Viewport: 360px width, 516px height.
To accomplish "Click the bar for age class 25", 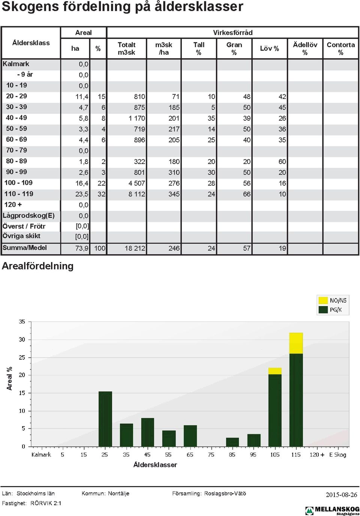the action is tap(105, 419).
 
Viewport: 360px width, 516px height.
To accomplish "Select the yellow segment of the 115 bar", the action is tap(296, 343).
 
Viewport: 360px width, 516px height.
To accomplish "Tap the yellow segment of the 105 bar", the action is tap(275, 371).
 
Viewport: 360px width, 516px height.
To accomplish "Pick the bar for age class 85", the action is tap(232, 442).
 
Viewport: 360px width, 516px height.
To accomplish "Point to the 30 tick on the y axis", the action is tap(22, 339).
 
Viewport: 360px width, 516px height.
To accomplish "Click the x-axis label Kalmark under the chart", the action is tap(41, 455).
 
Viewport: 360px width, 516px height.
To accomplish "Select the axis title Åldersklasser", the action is tap(155, 465).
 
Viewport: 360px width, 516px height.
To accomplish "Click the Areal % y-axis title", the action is tap(9, 378).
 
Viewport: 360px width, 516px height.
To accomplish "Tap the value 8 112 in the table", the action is tap(137, 194).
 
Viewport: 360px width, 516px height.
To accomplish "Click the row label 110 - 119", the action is tap(19, 194).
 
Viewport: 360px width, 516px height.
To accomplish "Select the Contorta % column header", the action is tap(340, 48).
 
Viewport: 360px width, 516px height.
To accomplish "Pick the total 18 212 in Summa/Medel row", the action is tap(135, 248).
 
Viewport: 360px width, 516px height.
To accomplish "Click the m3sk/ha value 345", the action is tap(174, 194).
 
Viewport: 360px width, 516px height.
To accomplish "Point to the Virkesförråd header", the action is tap(232, 33).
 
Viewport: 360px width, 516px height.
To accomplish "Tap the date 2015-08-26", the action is tap(341, 495).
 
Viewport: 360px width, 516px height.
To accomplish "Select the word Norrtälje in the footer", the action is tap(118, 493).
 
